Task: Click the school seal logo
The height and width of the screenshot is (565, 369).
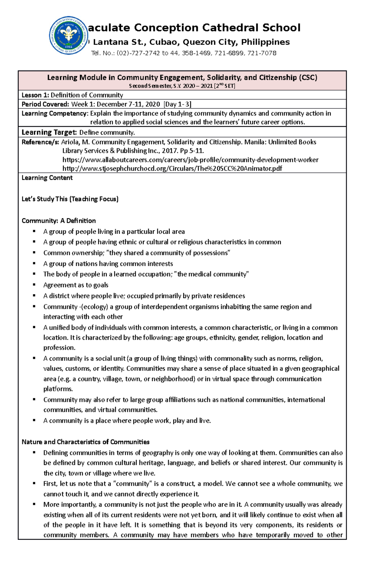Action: pos(69,35)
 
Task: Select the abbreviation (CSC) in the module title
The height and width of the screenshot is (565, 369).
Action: pos(308,77)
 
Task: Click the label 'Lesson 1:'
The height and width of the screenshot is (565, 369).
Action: pos(35,95)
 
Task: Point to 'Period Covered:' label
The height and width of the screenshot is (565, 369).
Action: pos(45,104)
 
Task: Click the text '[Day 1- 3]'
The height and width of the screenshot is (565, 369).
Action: pos(178,104)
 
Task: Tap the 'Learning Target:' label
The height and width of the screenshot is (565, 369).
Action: pos(49,132)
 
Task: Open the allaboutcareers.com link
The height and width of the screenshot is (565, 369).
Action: pos(190,160)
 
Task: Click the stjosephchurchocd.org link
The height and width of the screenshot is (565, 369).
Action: pos(172,168)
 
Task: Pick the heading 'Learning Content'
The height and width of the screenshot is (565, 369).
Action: pos(47,178)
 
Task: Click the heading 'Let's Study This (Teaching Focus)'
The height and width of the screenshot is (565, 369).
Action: pos(70,199)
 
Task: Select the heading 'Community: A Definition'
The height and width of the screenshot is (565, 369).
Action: pos(58,220)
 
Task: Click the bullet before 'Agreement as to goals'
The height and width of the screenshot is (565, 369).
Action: pos(34,285)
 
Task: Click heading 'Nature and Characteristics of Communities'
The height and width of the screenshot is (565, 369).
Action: pos(85,442)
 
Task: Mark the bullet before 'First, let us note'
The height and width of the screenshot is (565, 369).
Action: pos(34,483)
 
